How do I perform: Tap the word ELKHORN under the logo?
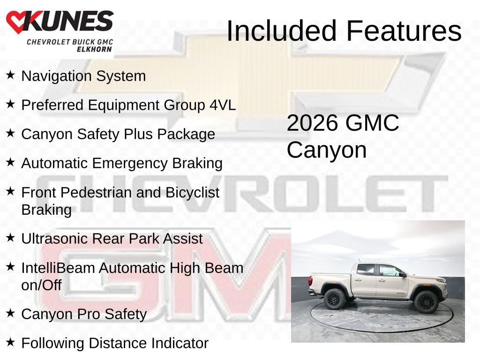94,49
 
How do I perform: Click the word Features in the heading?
404,30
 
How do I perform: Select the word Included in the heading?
281,30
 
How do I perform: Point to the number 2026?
313,123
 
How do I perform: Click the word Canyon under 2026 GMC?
327,150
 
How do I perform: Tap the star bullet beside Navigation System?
10,75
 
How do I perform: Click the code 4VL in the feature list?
223,105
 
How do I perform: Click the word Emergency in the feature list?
130,164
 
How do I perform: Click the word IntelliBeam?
58,268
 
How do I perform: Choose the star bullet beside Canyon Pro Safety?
10,313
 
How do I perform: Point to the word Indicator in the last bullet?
180,343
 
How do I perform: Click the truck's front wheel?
427,302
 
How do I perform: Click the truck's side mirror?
403,274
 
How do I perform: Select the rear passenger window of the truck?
366,270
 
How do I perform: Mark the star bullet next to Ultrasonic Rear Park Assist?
10,238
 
